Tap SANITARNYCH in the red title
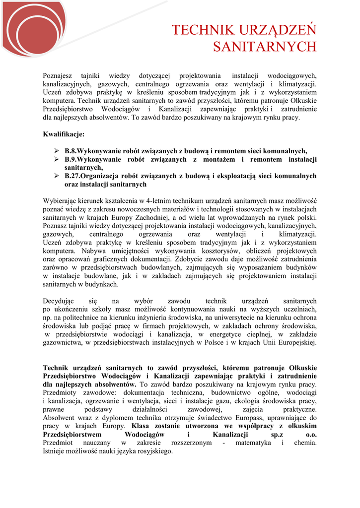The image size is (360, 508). point(264,47)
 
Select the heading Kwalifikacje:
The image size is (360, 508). point(64,134)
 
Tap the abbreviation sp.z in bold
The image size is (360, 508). point(271,435)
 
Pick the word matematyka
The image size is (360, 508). point(253,444)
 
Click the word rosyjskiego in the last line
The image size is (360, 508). point(149,452)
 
